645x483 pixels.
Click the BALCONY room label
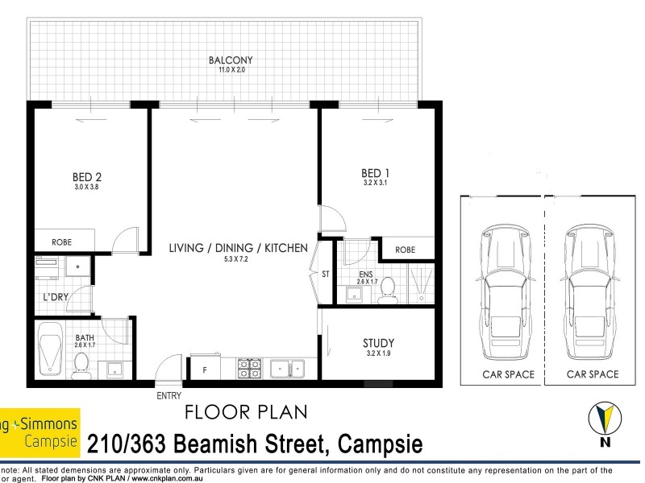231,60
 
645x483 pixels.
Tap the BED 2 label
87,176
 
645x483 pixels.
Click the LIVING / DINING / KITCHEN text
238,248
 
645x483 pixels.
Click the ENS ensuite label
367,275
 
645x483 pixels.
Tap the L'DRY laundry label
55,297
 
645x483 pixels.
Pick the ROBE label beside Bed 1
405,250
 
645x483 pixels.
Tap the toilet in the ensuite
388,287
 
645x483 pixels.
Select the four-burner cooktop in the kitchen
249,368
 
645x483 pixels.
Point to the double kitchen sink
286,368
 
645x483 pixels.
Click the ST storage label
326,275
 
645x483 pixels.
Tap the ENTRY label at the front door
169,396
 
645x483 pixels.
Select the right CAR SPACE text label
593,374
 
